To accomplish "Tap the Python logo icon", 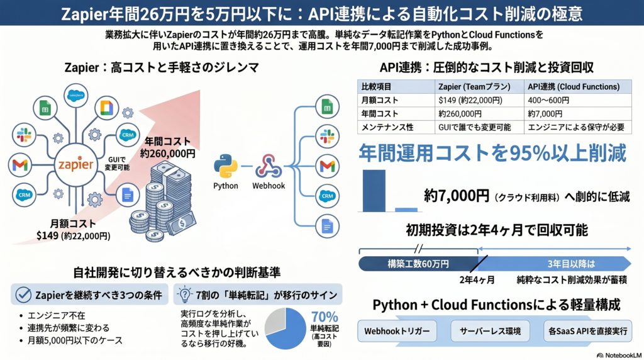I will click(x=226, y=166).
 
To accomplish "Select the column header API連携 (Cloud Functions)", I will click(x=572, y=86).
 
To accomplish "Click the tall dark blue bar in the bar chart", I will click(x=374, y=191).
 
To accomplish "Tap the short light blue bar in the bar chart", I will click(x=406, y=209).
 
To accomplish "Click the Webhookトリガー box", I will click(x=397, y=330).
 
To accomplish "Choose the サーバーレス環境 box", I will click(x=488, y=330).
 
